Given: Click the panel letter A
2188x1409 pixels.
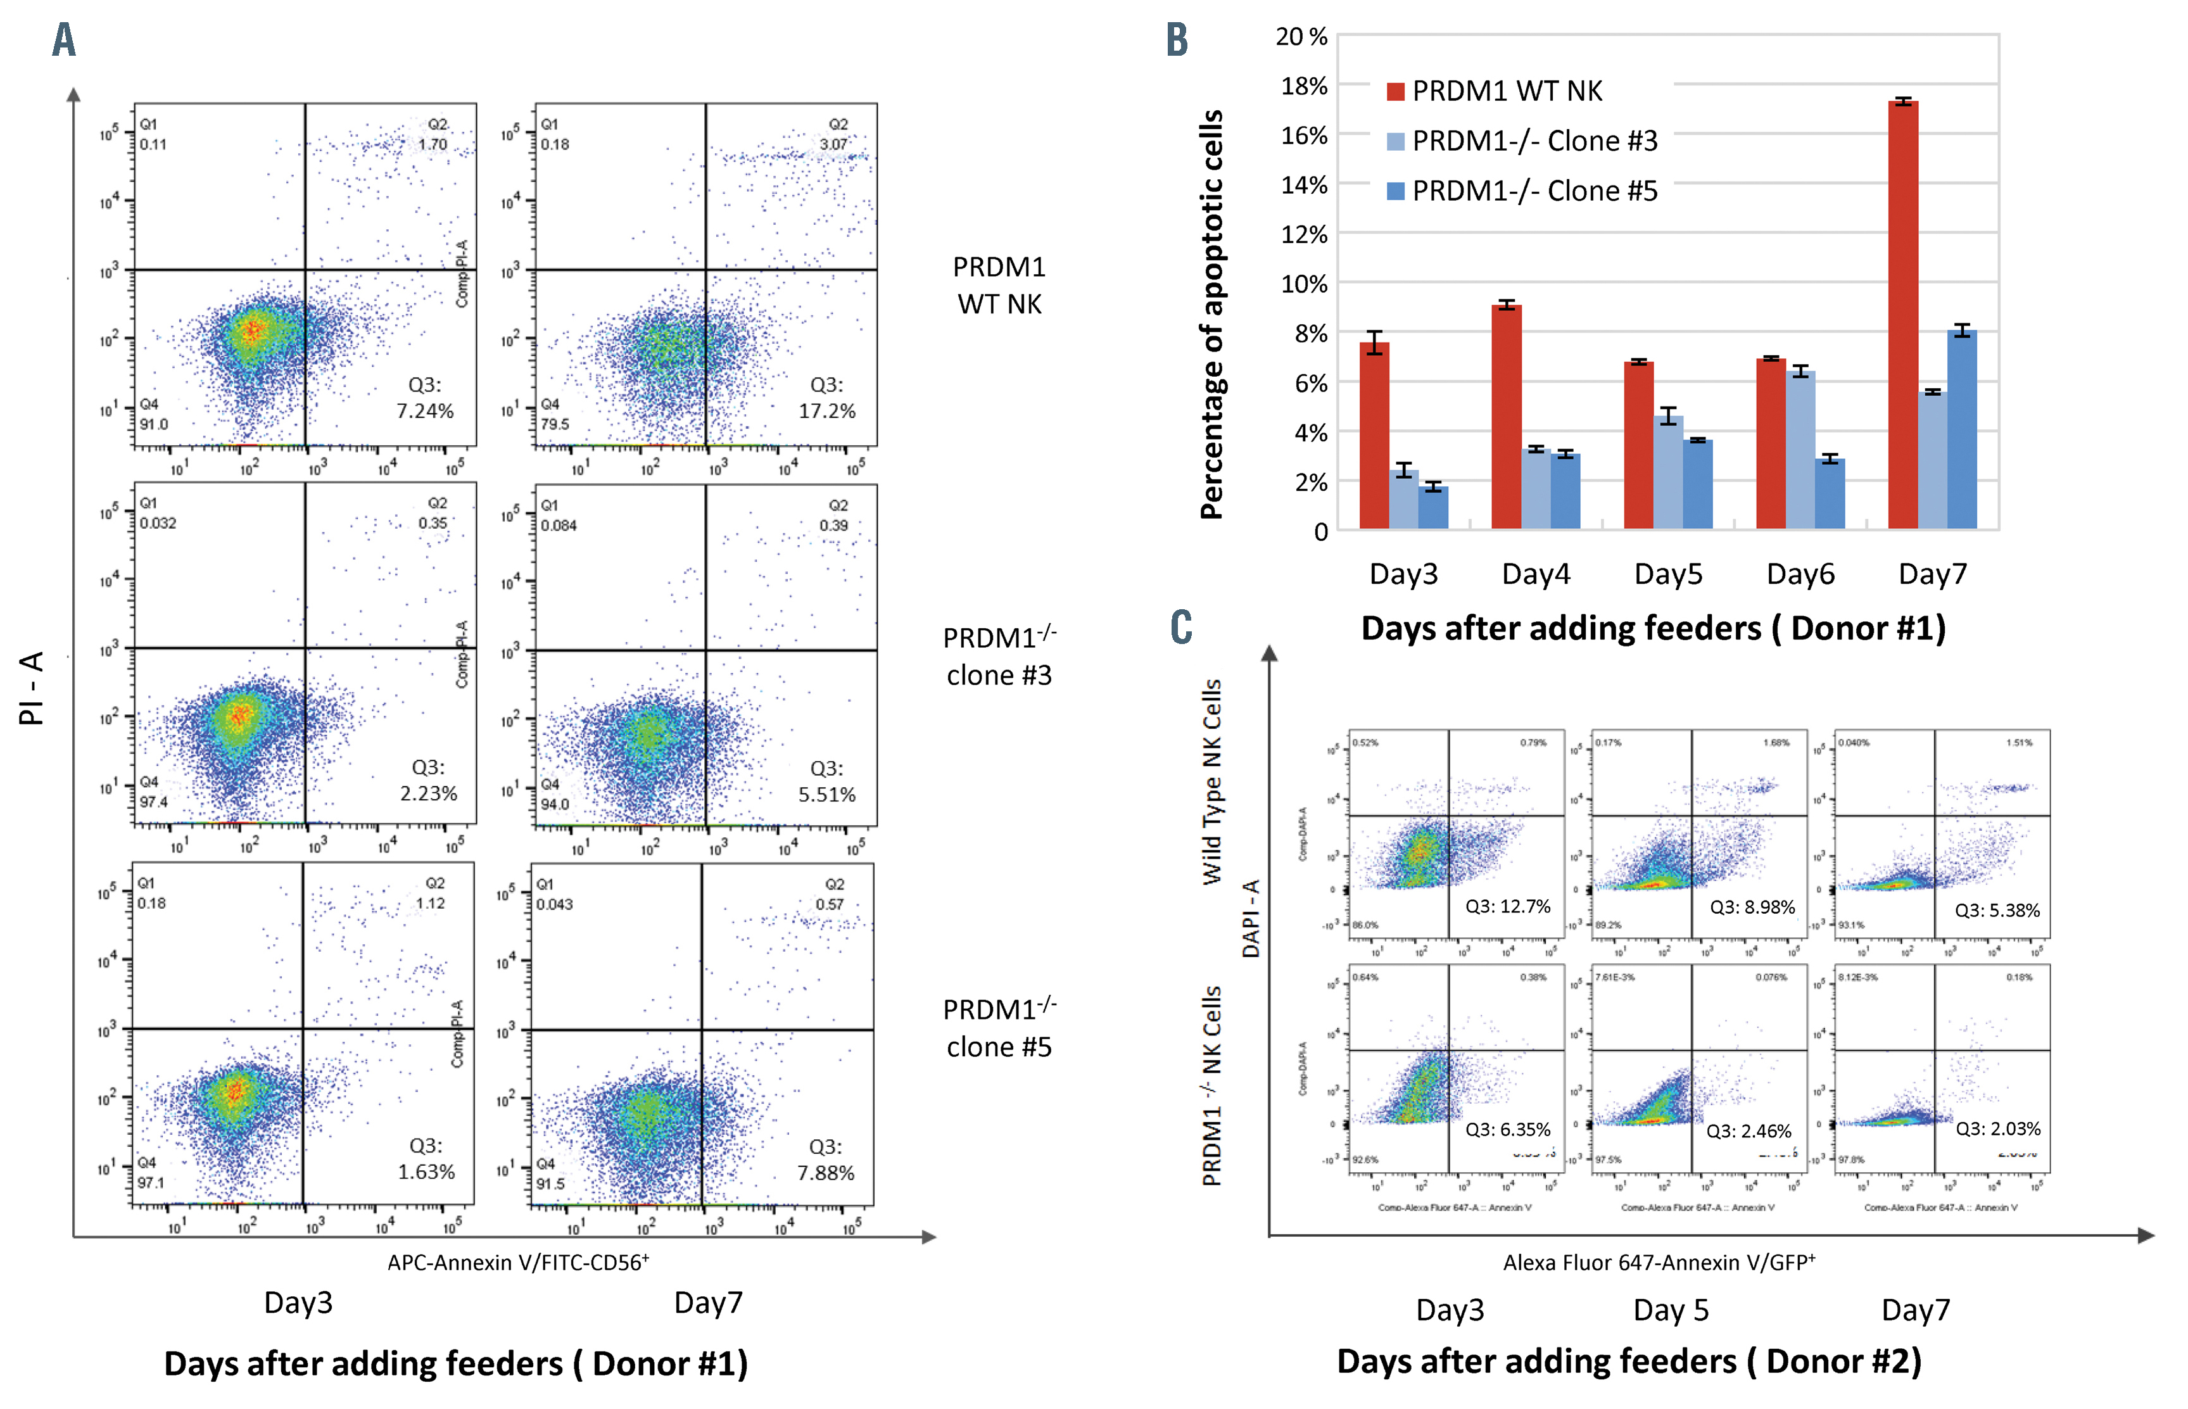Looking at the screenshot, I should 64,41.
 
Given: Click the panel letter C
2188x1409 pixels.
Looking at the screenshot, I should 1181,627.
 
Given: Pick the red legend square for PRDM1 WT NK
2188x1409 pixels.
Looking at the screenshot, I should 1395,91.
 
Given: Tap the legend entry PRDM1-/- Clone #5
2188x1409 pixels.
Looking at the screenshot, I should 1534,191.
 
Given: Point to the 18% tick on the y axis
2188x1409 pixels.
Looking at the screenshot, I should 1303,86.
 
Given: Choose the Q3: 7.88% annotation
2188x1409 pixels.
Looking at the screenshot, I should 825,1160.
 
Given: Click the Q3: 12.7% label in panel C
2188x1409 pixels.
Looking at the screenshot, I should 1507,907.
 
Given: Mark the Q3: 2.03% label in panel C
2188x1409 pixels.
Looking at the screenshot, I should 1998,1129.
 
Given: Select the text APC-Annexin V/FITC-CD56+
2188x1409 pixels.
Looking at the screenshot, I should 518,1263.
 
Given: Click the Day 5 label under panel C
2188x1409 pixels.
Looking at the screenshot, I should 1670,1310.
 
